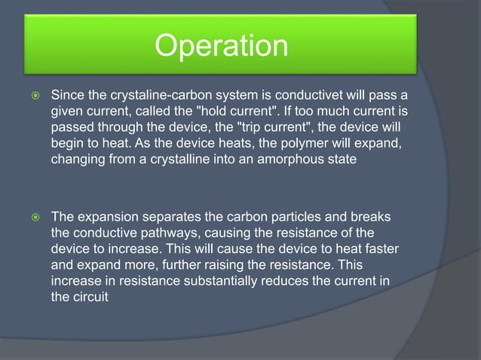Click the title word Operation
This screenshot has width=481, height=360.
221,47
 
